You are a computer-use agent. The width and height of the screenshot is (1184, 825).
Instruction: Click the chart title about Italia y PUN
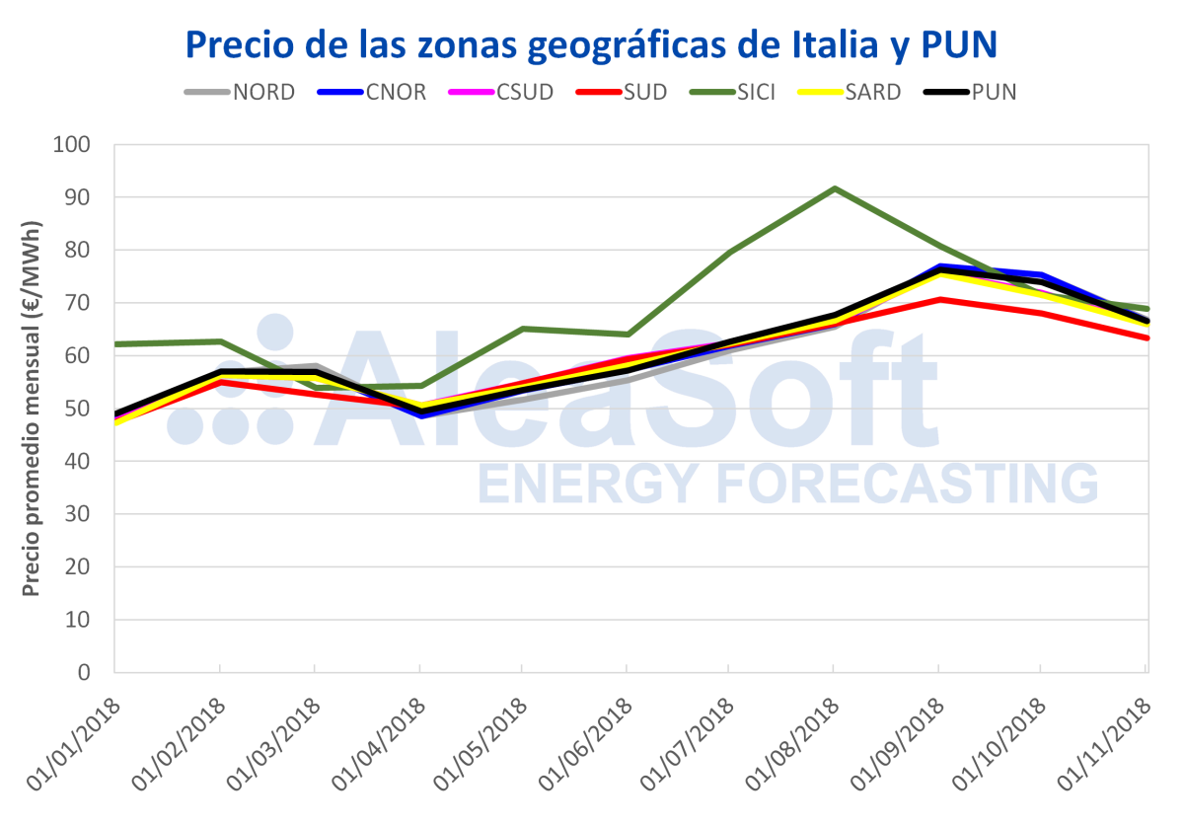click(591, 44)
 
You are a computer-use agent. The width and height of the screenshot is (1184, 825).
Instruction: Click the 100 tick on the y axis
click(71, 145)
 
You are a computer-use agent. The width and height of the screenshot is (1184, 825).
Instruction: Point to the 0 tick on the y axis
click(84, 673)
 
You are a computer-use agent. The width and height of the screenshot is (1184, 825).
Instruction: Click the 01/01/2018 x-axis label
click(74, 745)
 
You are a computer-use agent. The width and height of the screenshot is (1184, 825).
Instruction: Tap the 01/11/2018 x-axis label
click(1105, 745)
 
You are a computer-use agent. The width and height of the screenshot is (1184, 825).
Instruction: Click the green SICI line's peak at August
click(835, 188)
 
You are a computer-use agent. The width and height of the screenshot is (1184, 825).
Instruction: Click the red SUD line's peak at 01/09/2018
click(939, 299)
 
